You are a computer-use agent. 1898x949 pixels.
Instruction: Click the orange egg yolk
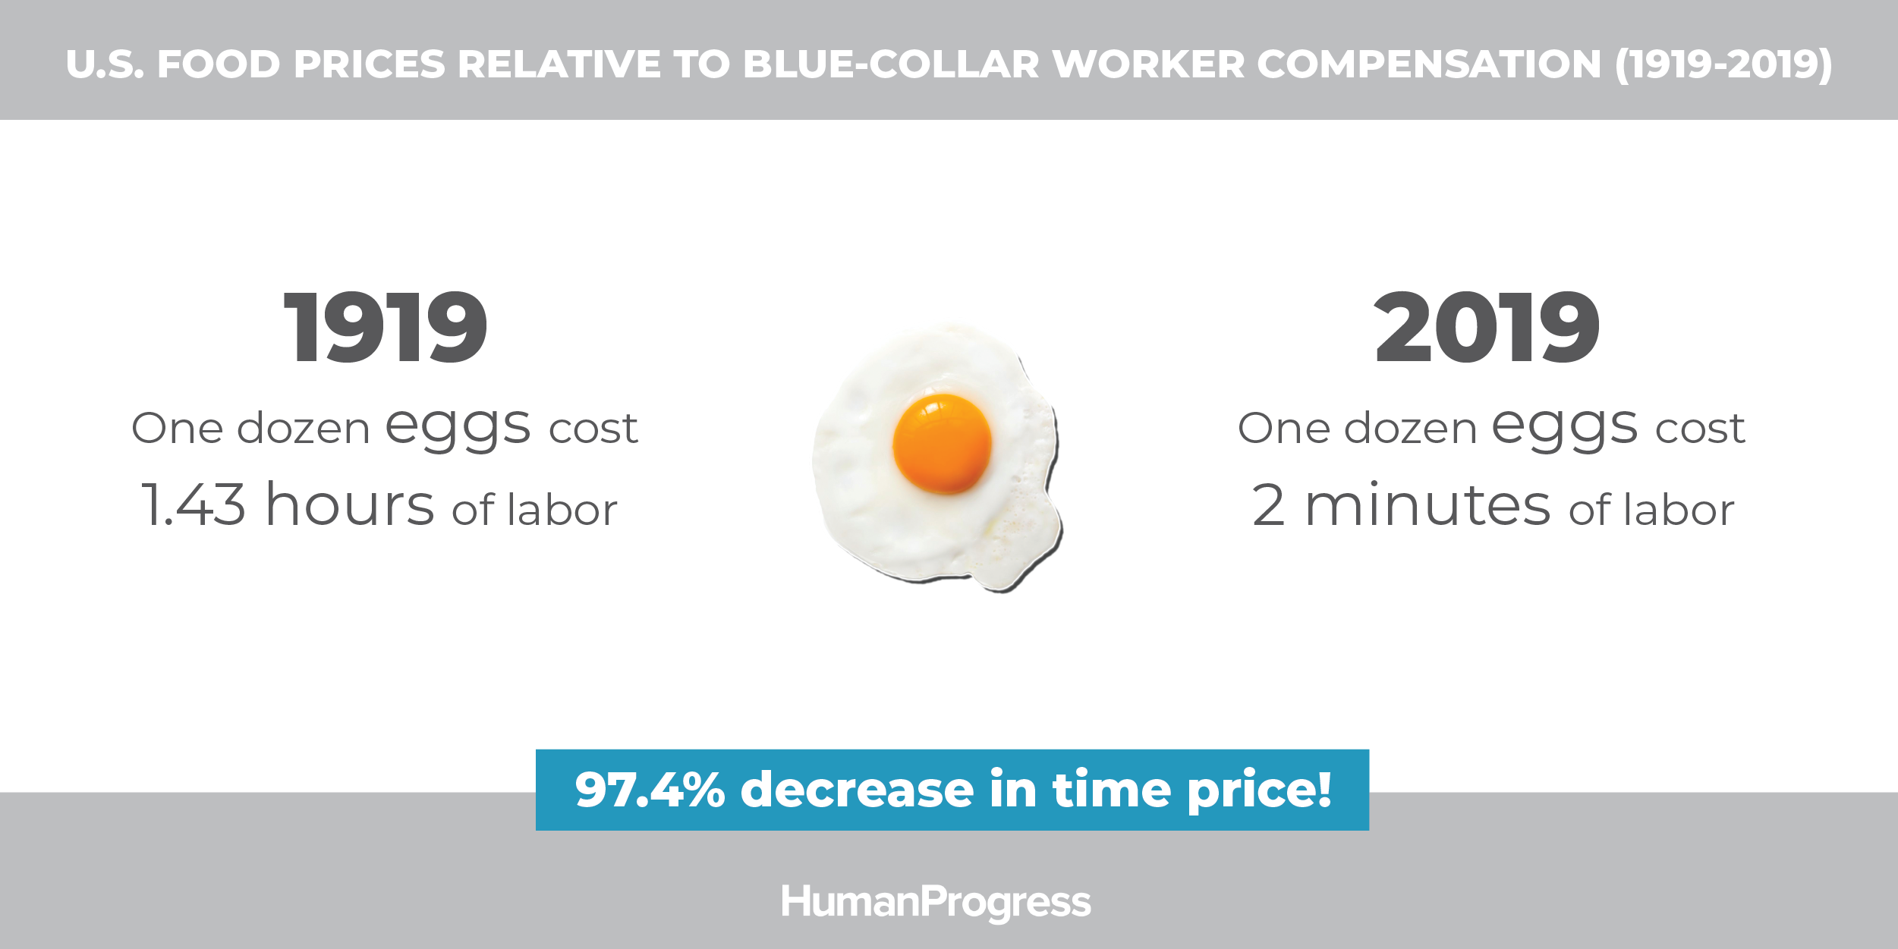click(942, 444)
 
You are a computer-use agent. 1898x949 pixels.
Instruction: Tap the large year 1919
click(385, 328)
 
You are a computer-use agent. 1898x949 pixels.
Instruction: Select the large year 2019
click(1487, 328)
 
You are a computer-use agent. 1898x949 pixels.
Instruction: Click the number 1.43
click(194, 504)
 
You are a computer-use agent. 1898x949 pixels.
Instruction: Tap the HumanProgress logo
click(936, 903)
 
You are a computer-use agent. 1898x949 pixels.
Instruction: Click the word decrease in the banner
click(858, 790)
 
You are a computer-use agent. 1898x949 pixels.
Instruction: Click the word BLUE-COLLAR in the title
click(891, 64)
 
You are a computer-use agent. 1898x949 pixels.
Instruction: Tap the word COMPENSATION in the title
click(1429, 64)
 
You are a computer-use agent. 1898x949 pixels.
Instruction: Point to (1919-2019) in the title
click(1724, 64)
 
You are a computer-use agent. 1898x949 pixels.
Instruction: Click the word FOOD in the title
click(219, 64)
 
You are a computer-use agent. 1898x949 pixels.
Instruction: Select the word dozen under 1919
click(304, 428)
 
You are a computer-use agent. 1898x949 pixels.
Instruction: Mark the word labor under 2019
click(1679, 509)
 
